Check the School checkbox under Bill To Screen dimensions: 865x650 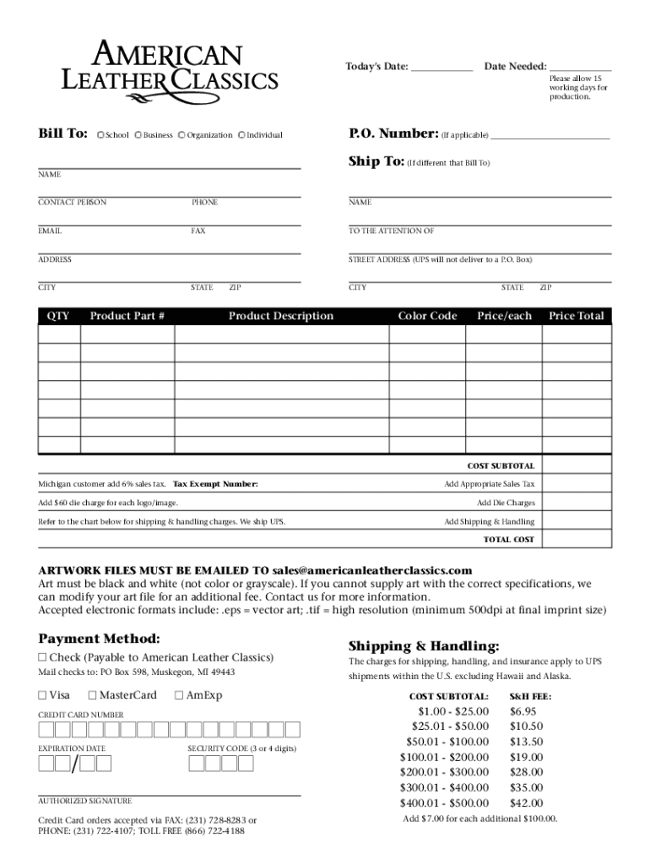click(x=100, y=135)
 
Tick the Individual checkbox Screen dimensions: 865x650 click(x=242, y=135)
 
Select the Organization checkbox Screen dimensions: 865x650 click(x=182, y=135)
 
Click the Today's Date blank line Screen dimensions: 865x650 click(x=442, y=68)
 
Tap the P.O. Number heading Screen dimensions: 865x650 click(x=393, y=133)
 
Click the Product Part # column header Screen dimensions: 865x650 click(x=127, y=316)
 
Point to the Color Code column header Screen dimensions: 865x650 click(x=427, y=316)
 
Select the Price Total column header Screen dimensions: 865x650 click(x=576, y=316)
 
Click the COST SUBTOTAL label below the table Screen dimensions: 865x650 click(x=501, y=465)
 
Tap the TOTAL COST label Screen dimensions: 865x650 click(x=508, y=539)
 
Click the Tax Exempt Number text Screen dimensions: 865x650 click(x=215, y=484)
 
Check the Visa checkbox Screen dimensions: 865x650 click(x=42, y=696)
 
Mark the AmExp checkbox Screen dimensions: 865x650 click(x=178, y=696)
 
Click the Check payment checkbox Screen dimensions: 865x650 click(x=42, y=658)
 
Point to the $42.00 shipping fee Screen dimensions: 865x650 click(x=527, y=802)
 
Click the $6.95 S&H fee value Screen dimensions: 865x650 click(x=524, y=711)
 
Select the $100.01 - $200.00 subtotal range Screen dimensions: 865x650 click(x=444, y=757)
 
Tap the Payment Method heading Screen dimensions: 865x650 click(x=99, y=639)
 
